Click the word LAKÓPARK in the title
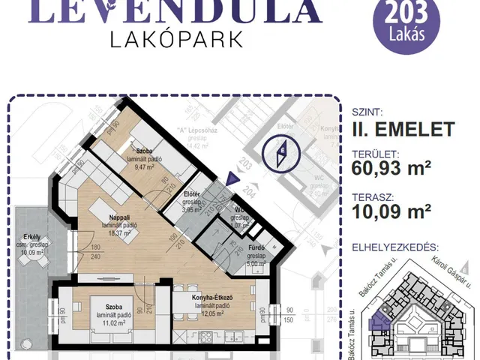pyautogui.click(x=175, y=39)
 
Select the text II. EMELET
pyautogui.click(x=402, y=129)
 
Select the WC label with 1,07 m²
pyautogui.click(x=240, y=209)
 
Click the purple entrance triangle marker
pyautogui.click(x=232, y=178)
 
